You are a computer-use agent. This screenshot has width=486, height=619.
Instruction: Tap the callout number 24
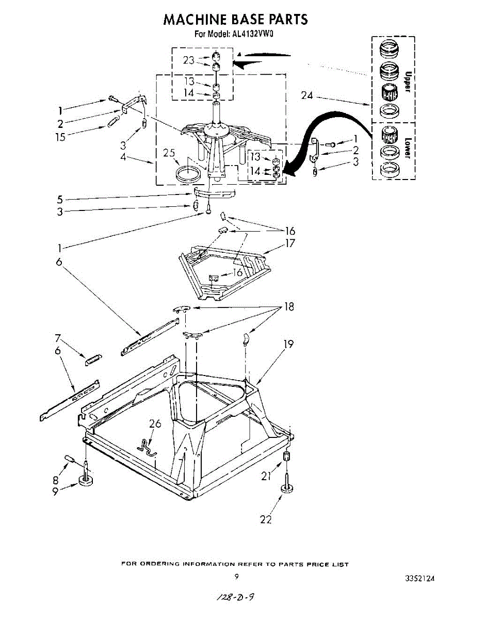click(308, 95)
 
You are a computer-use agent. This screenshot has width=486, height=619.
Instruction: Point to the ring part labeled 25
click(187, 174)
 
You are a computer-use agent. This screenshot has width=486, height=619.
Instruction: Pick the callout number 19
click(288, 344)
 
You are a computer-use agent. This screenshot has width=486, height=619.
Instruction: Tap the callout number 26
click(155, 424)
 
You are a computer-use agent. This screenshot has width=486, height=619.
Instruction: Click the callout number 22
click(266, 519)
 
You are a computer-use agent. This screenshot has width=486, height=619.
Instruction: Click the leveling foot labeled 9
click(86, 481)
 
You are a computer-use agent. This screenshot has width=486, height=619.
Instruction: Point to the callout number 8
click(55, 480)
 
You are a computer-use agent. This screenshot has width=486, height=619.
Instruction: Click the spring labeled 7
click(93, 360)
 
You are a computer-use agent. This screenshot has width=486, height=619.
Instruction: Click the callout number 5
click(60, 199)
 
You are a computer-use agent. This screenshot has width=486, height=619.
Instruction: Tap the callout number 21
click(266, 477)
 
